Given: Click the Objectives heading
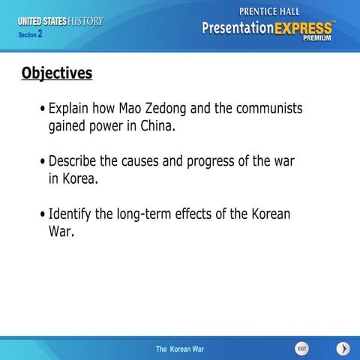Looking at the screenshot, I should [57, 73].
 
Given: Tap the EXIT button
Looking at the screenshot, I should [301, 349].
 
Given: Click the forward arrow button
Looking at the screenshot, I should [343, 349].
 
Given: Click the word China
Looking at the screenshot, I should [157, 127].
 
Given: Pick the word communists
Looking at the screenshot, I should [271, 109].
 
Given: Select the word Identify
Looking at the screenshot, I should [70, 214].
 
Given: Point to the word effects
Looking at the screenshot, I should [205, 214].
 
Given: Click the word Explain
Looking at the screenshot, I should [71, 109].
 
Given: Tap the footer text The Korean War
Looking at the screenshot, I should [179, 349].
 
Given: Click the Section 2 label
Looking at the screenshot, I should [31, 34].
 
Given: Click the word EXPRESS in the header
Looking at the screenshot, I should [295, 28].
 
